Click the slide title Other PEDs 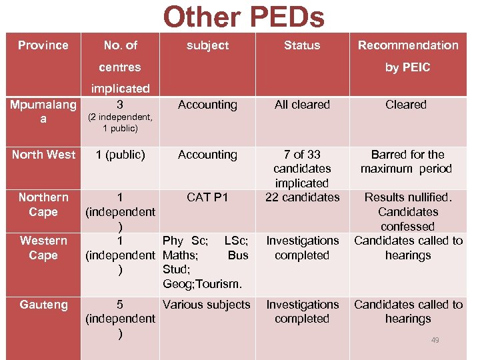(x=243, y=17)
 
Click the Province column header (x=43, y=45)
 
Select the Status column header (x=302, y=45)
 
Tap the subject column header (x=207, y=45)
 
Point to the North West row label (x=44, y=155)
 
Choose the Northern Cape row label (x=43, y=205)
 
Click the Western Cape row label (x=43, y=247)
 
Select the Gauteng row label (x=43, y=305)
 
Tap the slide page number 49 (x=435, y=340)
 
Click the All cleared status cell (x=302, y=105)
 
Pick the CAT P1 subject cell (x=207, y=197)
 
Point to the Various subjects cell (x=207, y=305)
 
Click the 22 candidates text (x=302, y=197)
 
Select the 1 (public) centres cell (x=120, y=155)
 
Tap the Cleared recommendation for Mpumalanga (x=406, y=105)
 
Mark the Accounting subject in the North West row (x=207, y=155)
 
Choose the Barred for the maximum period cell (x=406, y=161)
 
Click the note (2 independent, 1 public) (x=120, y=123)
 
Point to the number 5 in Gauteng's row (x=120, y=305)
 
